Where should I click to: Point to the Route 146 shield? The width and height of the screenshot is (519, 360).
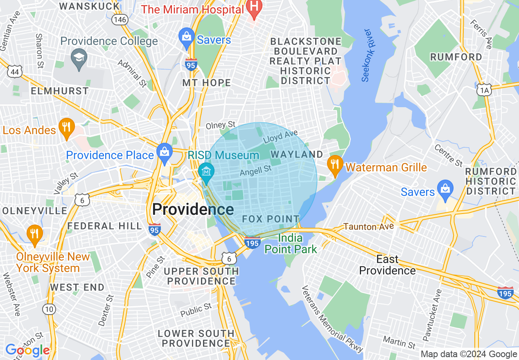(120, 19)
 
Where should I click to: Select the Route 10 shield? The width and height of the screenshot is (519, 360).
(49, 309)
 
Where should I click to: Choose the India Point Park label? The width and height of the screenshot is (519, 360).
(291, 244)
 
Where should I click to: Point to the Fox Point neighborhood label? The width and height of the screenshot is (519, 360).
(271, 219)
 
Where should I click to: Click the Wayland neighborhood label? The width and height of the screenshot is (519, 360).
(297, 155)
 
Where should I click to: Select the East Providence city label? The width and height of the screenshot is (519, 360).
(387, 265)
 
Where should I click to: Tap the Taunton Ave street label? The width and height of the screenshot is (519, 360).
(368, 226)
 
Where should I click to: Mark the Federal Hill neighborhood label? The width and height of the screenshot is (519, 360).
(104, 226)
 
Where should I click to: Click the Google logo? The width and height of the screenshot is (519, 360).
(27, 351)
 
